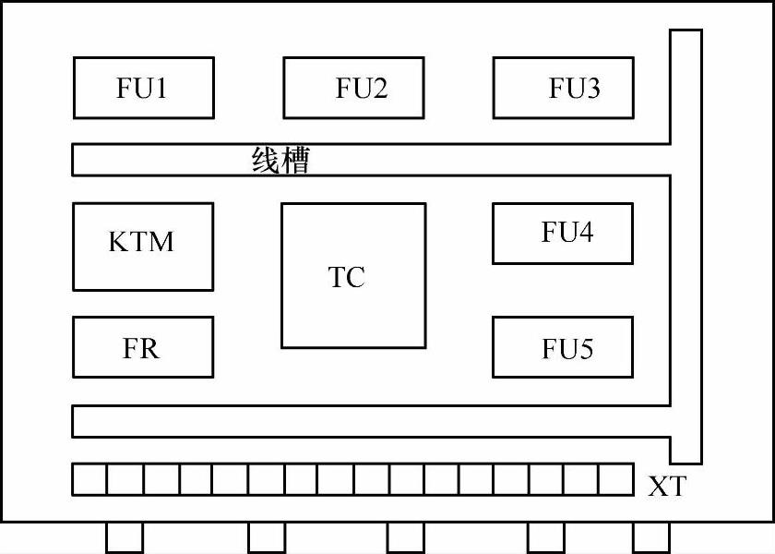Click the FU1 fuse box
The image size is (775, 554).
[143, 88]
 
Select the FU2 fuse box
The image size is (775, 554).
[353, 88]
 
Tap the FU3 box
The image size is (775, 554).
[564, 88]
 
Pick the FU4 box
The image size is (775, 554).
[563, 234]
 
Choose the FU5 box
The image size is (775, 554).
[563, 347]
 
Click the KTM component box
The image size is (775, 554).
[143, 247]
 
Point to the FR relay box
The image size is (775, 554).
[143, 347]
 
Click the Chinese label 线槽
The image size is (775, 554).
[280, 161]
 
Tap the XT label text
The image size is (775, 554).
[666, 486]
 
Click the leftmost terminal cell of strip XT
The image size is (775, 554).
[89, 479]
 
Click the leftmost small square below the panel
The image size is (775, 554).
[125, 537]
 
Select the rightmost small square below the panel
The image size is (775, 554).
[650, 537]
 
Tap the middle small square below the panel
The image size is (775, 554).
[405, 537]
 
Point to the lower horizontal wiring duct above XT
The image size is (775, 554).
[369, 421]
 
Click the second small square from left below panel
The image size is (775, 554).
[267, 537]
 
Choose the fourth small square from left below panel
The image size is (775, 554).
[545, 537]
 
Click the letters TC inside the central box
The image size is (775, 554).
[347, 276]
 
